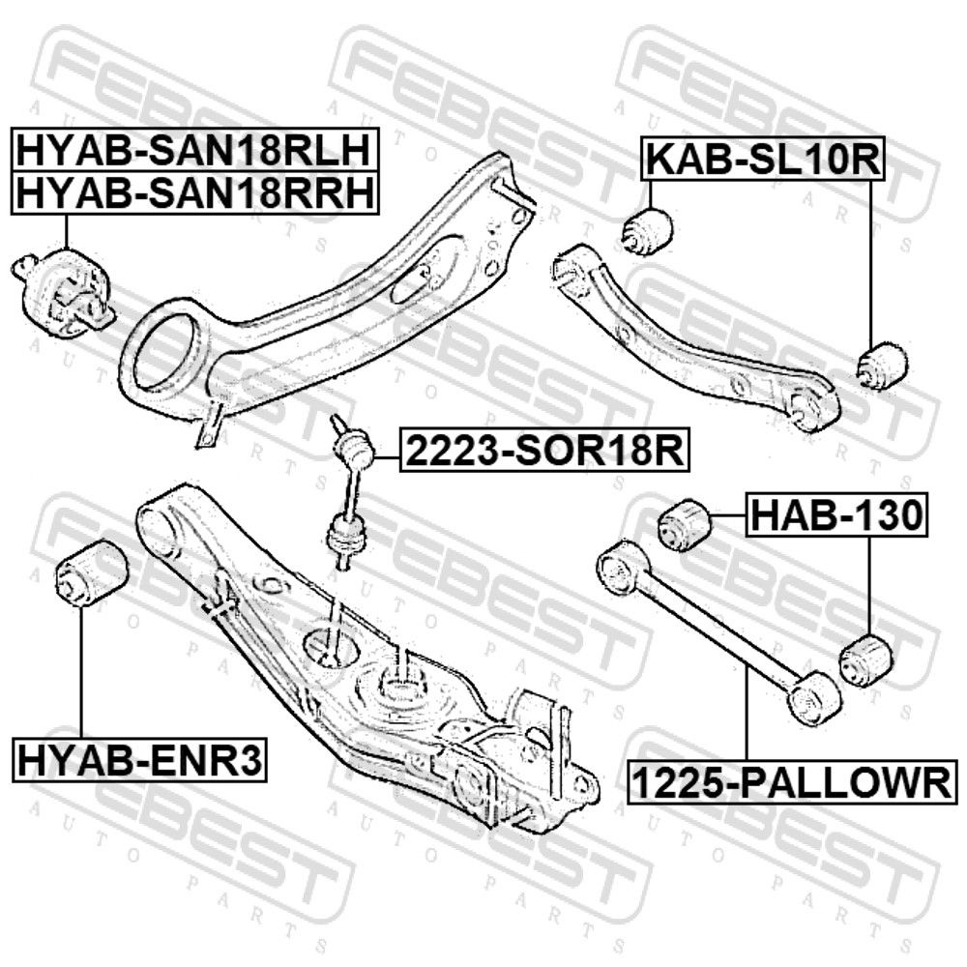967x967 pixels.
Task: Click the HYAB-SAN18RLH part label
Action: (x=193, y=151)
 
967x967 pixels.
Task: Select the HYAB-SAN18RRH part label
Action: (x=193, y=193)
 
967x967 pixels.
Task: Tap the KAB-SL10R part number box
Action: (x=763, y=160)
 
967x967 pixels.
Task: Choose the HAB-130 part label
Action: (x=836, y=515)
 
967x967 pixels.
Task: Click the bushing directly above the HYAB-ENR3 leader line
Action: (x=91, y=572)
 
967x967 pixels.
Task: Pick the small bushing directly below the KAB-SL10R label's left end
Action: (x=646, y=231)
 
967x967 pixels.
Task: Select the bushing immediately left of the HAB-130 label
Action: (x=685, y=525)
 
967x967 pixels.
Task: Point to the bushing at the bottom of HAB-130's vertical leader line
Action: (x=866, y=659)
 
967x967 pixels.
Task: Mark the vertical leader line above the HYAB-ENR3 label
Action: (x=81, y=673)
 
